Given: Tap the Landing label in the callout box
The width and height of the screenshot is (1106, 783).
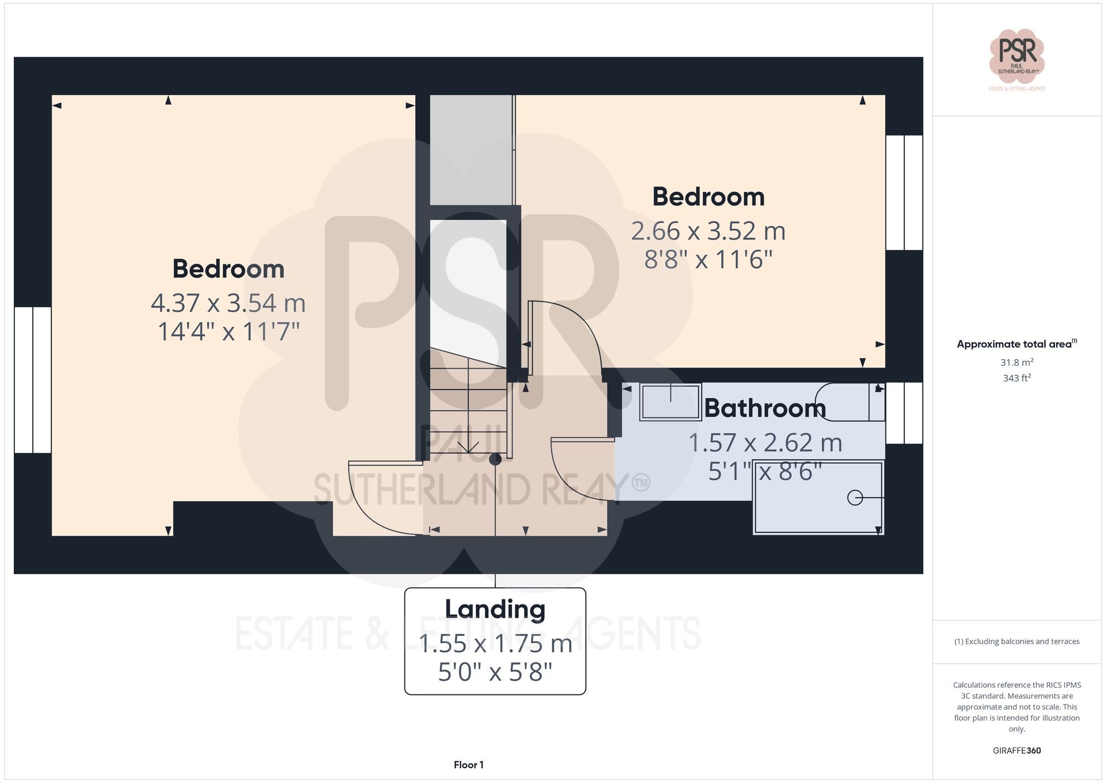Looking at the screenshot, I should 495,609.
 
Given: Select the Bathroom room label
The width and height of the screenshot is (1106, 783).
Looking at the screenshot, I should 765,408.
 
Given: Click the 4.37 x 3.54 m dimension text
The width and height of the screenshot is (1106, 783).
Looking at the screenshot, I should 228,303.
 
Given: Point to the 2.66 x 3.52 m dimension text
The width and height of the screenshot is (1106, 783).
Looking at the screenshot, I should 708,231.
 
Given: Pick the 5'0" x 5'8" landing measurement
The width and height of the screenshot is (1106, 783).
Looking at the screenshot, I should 495,672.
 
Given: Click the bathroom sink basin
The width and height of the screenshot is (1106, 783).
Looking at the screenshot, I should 670,402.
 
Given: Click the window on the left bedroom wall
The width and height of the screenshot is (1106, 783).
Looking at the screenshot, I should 33,380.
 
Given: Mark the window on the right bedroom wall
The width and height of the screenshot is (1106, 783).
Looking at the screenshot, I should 904,193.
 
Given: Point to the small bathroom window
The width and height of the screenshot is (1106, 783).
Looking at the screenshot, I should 904,413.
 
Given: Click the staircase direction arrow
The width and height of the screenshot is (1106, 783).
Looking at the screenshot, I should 468,445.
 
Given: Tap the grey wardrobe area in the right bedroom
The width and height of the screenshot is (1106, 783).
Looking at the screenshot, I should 472,150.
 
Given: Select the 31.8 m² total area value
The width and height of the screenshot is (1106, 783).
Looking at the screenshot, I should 1016,362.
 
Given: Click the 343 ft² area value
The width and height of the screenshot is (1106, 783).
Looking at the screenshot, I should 1016,378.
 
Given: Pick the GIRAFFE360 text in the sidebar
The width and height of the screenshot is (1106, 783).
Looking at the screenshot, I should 1016,750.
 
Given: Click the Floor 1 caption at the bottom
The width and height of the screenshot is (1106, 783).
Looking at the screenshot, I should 468,765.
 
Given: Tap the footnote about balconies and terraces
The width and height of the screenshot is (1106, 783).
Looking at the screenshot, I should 1016,641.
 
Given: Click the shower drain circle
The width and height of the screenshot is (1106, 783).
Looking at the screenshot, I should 854,498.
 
